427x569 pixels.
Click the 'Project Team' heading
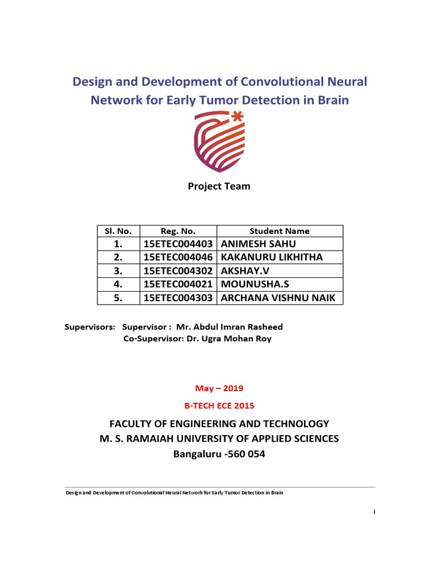tap(219, 186)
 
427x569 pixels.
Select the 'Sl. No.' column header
tap(117, 231)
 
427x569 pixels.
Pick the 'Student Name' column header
tap(280, 231)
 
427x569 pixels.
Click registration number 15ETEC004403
tap(178, 244)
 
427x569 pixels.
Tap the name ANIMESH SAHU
tap(259, 244)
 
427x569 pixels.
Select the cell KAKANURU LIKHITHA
tap(271, 257)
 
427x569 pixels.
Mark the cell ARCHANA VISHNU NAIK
tap(279, 298)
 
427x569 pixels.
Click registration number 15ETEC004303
tap(178, 298)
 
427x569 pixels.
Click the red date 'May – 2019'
tap(219, 388)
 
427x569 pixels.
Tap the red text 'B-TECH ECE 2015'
tap(219, 405)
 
